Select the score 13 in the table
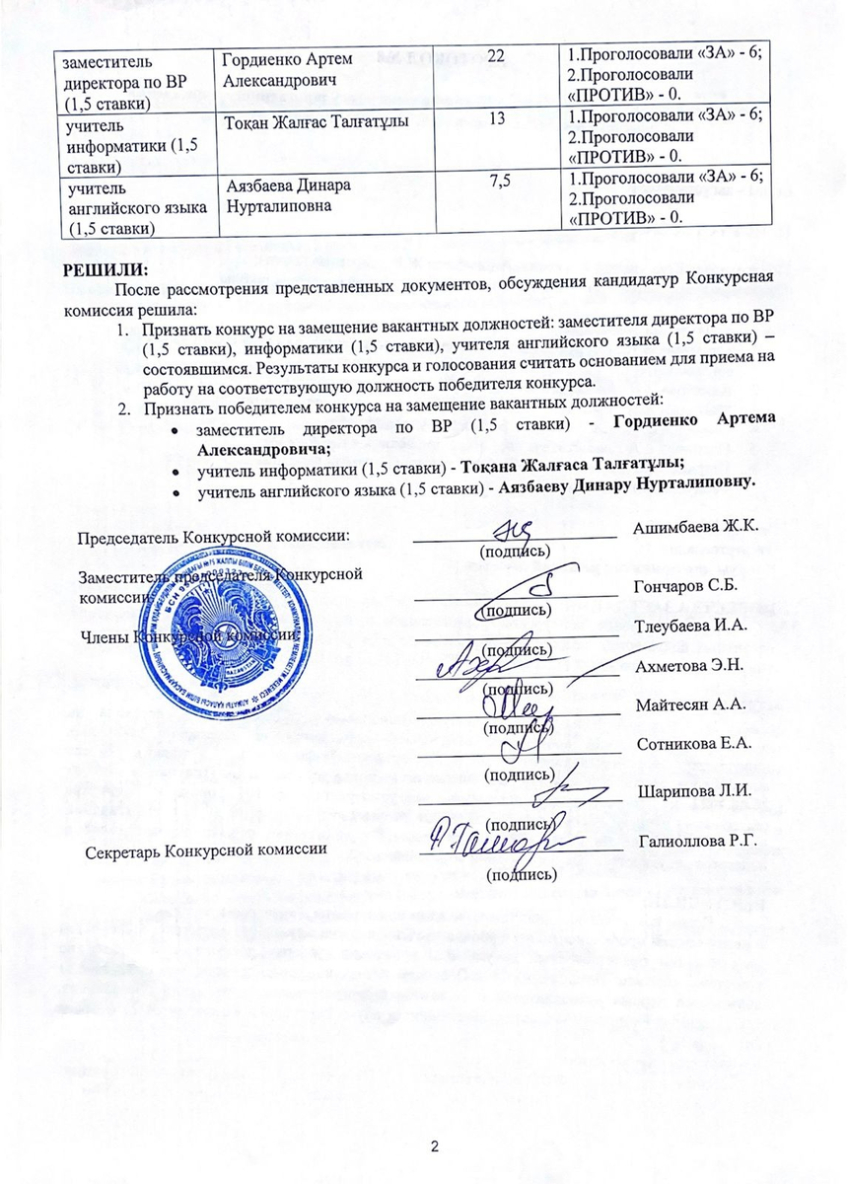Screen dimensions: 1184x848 pos(496,119)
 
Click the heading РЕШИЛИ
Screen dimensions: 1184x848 pos(106,268)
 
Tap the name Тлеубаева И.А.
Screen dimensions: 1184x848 pos(691,626)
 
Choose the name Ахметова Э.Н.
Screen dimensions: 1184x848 pos(688,666)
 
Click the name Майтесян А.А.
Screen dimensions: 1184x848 pos(688,705)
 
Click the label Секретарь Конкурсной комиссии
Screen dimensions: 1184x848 pos(206,850)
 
